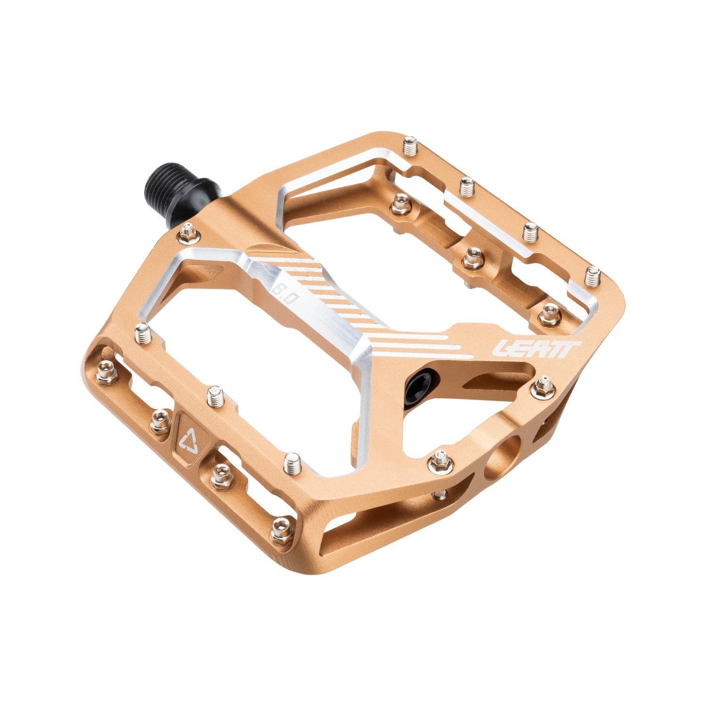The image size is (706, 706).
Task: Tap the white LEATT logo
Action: tap(536, 349)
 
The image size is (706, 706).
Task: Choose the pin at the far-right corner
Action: tap(593, 275)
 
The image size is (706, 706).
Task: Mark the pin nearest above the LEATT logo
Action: tap(549, 314)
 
